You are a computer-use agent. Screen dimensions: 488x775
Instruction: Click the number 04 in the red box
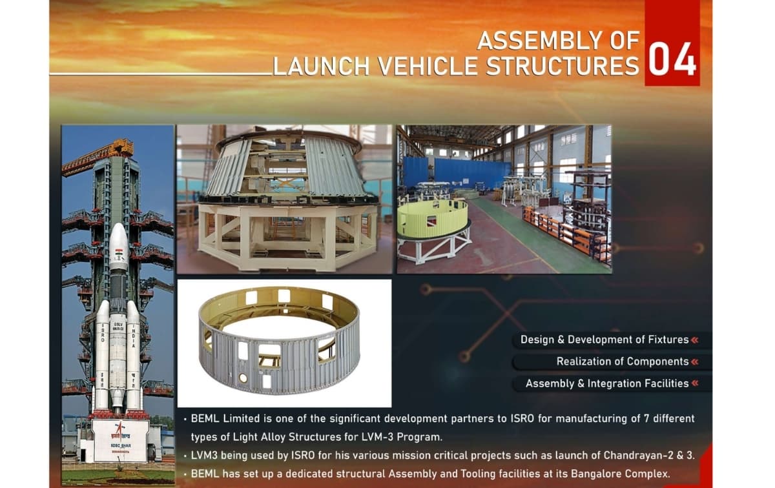click(x=672, y=59)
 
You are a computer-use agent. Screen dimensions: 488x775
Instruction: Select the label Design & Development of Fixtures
click(x=603, y=340)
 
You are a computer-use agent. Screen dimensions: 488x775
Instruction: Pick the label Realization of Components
click(x=622, y=361)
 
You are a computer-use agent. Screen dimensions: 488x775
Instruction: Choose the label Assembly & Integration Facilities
click(x=606, y=383)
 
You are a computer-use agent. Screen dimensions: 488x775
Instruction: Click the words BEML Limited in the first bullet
click(x=223, y=418)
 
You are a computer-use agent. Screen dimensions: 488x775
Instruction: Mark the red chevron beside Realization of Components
click(x=695, y=361)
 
